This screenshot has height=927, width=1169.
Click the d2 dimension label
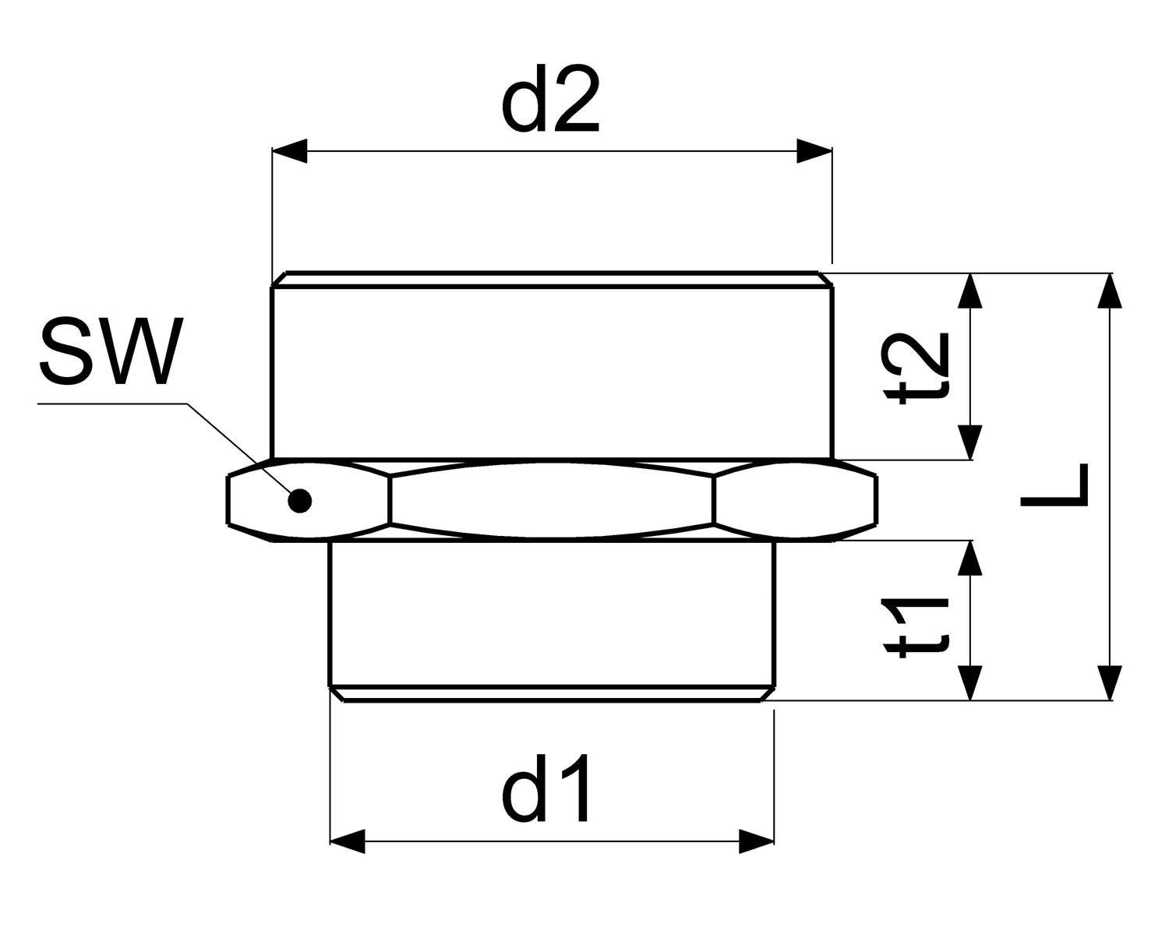pyautogui.click(x=550, y=100)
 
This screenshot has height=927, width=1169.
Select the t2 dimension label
pyautogui.click(x=917, y=368)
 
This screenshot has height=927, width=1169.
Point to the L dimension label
pyautogui.click(x=1054, y=485)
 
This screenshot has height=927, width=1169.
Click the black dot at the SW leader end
pyautogui.click(x=300, y=500)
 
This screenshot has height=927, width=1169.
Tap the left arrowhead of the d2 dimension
pyautogui.click(x=290, y=151)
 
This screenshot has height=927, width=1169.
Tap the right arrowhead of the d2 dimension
pyautogui.click(x=814, y=151)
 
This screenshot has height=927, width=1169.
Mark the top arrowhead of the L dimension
pyautogui.click(x=1109, y=291)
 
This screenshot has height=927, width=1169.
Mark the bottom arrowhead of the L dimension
pyautogui.click(x=1109, y=682)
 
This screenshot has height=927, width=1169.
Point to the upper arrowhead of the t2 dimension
pyautogui.click(x=970, y=291)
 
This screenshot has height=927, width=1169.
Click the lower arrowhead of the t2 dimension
pyautogui.click(x=970, y=442)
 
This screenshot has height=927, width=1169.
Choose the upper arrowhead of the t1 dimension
pyautogui.click(x=970, y=558)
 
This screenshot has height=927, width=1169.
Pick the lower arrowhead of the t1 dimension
pyautogui.click(x=970, y=682)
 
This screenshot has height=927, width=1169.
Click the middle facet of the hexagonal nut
pyautogui.click(x=551, y=500)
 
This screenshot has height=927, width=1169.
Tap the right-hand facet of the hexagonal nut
pyautogui.click(x=795, y=500)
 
